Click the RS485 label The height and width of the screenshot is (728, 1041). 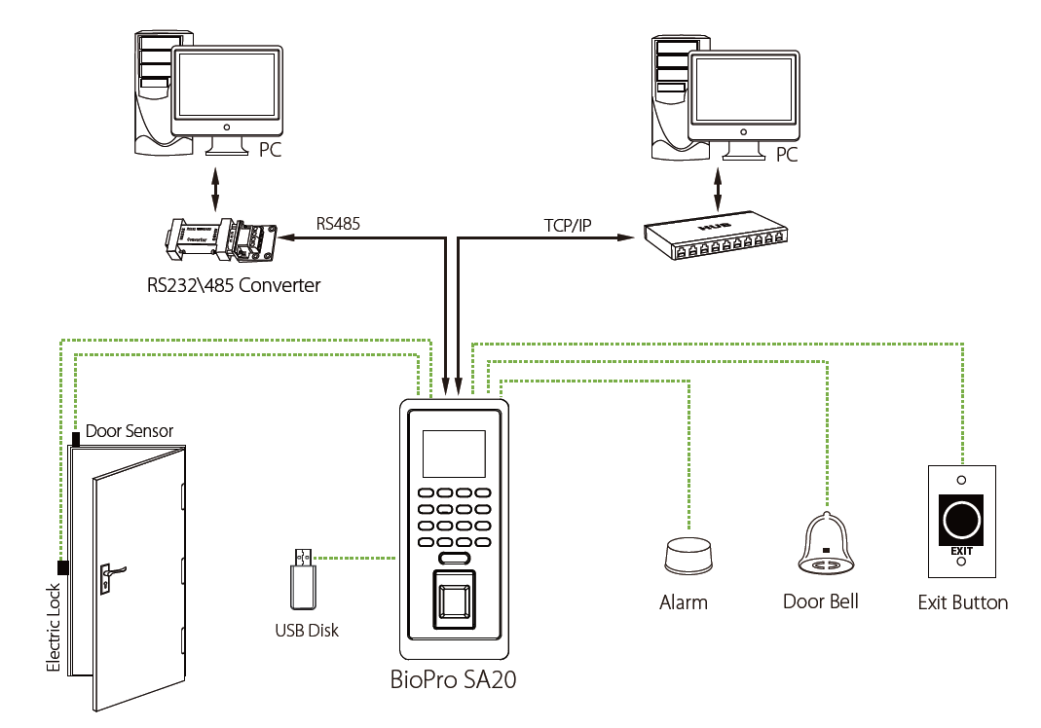tap(338, 223)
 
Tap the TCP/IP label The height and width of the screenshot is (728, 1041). tap(568, 226)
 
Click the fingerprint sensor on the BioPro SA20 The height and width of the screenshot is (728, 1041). tap(455, 597)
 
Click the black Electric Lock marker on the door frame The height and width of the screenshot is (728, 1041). tap(63, 567)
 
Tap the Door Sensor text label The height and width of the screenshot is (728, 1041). tap(130, 430)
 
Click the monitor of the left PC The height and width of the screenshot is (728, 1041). tap(228, 91)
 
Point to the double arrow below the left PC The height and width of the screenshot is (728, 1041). tap(215, 187)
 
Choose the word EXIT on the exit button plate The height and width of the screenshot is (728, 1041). tap(961, 551)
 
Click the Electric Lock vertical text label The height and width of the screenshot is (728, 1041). tap(55, 628)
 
